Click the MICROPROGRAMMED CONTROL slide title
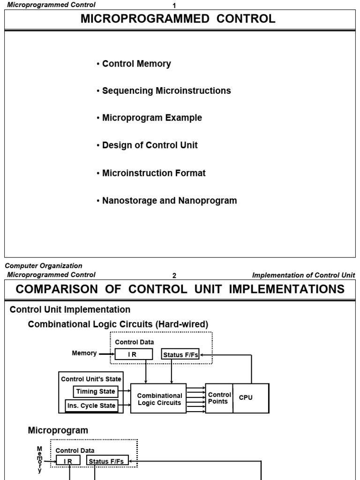tap(178, 19)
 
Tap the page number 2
tap(174, 276)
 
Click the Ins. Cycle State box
tap(91, 405)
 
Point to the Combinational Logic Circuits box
tap(159, 398)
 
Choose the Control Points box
tap(219, 398)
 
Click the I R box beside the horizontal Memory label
tap(133, 355)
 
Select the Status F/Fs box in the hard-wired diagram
tap(180, 355)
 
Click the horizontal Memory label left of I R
tap(84, 353)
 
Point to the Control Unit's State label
tap(91, 379)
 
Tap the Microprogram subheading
tap(58, 430)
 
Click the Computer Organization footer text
tap(44, 266)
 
